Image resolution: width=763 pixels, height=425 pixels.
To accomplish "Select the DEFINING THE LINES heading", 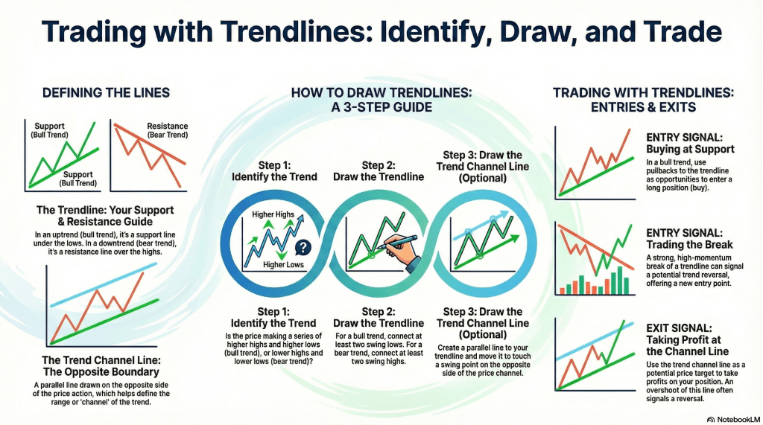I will point(106,93).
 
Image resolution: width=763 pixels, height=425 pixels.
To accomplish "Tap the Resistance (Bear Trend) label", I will point(168,131).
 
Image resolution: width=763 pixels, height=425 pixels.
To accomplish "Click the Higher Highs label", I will point(273,215).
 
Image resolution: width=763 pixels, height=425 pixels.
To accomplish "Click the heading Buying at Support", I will point(690,149).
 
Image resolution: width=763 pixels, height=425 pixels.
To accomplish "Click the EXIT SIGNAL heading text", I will point(680,327).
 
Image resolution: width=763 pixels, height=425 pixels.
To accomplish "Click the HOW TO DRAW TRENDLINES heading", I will point(381,100).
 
